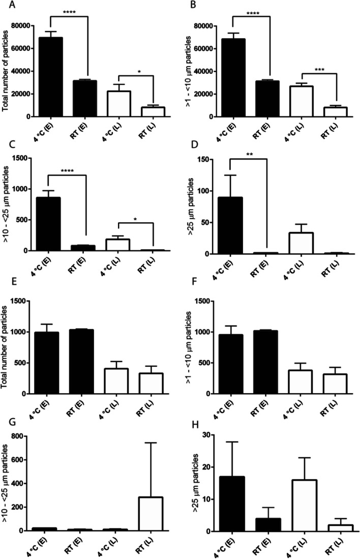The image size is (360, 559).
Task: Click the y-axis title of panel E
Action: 7,347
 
